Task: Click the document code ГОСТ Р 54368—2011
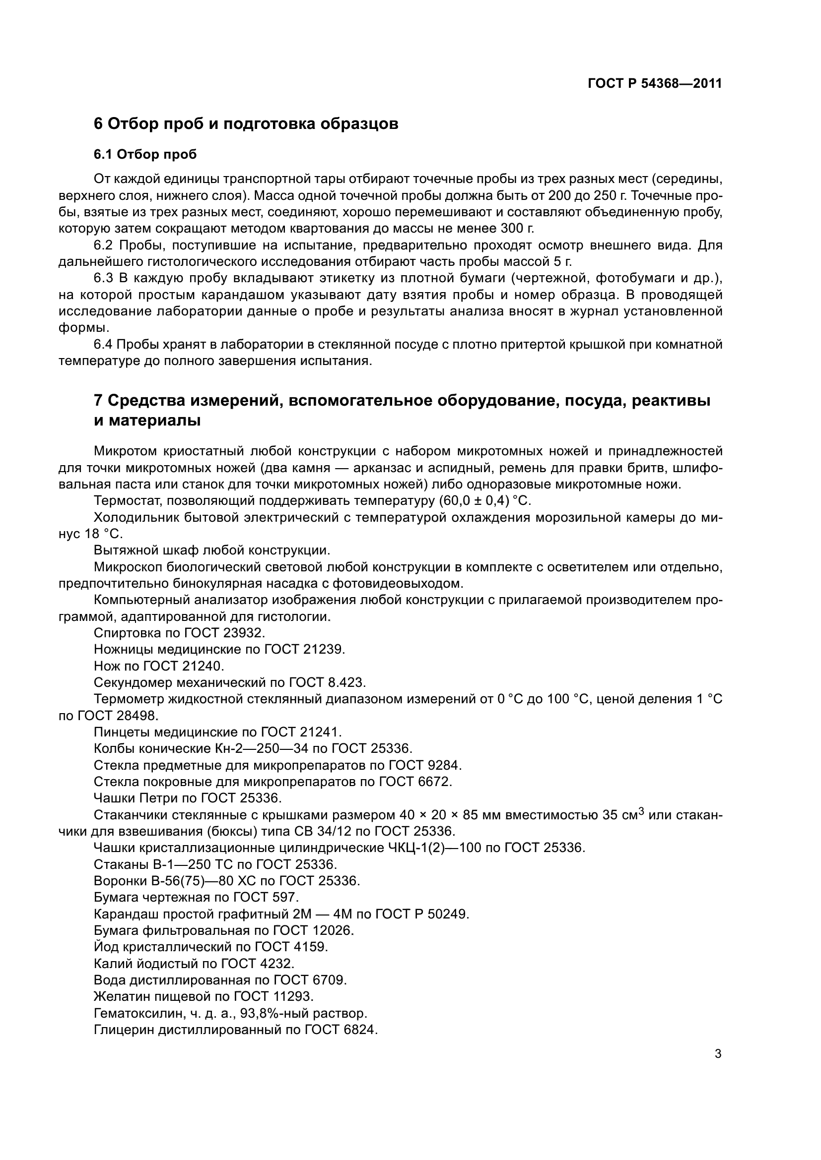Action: click(655, 84)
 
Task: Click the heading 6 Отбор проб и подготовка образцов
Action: click(246, 123)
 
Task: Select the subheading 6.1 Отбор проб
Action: click(145, 154)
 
